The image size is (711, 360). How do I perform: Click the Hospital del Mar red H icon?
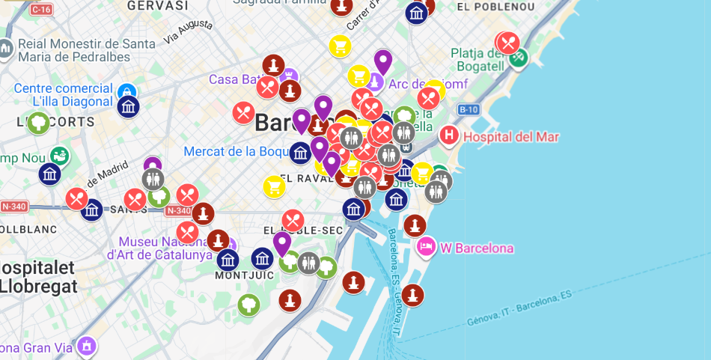click(x=448, y=135)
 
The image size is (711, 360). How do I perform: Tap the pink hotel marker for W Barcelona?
click(x=426, y=246)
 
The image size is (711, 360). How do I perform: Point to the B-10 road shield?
click(x=469, y=110)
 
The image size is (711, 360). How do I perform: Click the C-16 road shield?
click(x=41, y=9)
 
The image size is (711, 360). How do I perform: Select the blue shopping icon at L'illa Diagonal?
click(x=126, y=91)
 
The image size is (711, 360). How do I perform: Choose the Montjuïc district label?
click(x=245, y=275)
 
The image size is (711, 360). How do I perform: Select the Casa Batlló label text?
click(x=234, y=79)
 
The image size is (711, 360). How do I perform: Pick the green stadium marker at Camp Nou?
click(x=60, y=155)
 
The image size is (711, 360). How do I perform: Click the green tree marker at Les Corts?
click(x=38, y=123)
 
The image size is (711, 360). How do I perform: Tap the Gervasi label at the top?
click(x=157, y=6)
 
